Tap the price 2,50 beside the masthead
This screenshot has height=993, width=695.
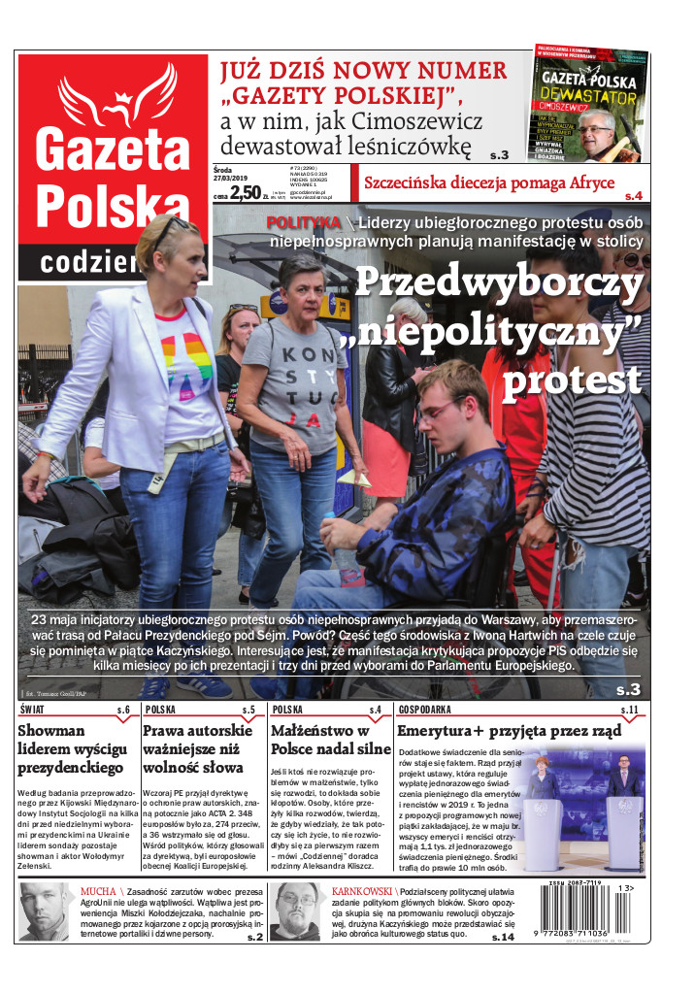coord(245,192)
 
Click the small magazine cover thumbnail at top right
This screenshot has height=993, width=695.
coord(590,102)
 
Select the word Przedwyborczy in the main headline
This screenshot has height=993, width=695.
coord(498,282)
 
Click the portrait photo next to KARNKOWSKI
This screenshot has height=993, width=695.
coord(295,910)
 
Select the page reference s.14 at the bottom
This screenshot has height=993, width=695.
coord(502,937)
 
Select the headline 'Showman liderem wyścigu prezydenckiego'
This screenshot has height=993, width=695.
coord(70,749)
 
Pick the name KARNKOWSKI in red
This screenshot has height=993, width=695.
coord(361,889)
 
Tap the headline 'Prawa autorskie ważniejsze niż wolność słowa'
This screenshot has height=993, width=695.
coord(199,749)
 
